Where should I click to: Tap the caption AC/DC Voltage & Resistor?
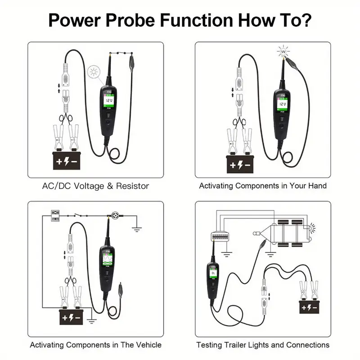[95, 185]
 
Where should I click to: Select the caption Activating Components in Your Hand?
[263, 185]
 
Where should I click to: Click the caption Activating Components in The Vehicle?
[95, 345]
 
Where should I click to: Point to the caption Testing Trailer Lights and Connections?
[263, 345]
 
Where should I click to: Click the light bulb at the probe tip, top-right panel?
[283, 53]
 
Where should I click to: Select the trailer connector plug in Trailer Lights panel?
[221, 235]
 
